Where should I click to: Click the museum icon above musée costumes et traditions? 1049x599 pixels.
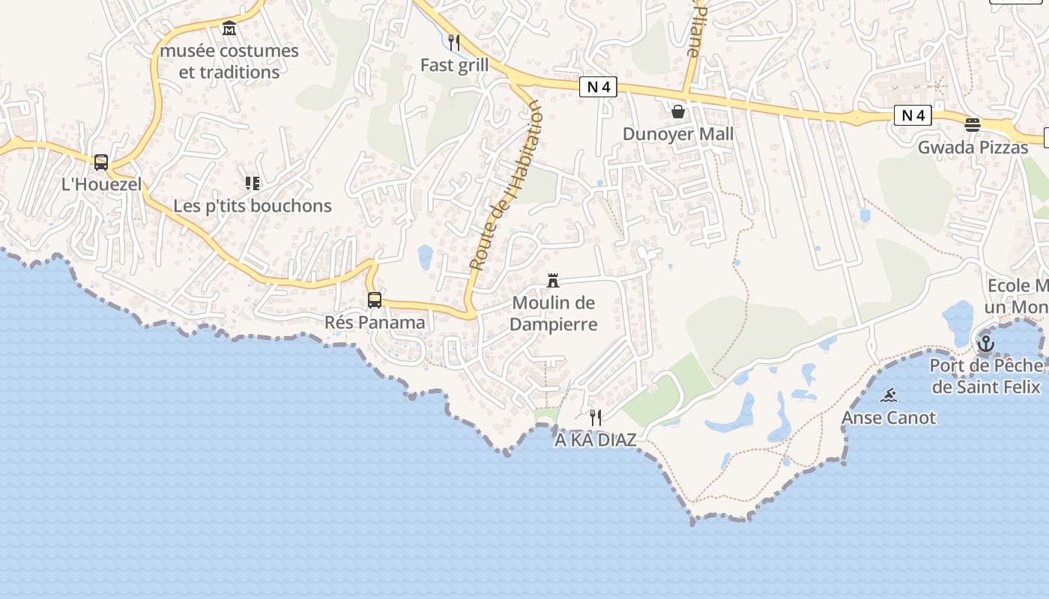coord(229,28)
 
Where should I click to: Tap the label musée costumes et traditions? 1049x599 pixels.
coord(229,61)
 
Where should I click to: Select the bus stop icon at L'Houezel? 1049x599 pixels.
coord(101,162)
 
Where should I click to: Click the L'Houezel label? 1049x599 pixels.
coord(101,184)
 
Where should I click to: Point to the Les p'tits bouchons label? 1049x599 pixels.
coord(253,206)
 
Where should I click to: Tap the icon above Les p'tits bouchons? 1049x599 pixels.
coord(253,183)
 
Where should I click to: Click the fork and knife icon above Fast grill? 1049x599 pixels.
coord(454,42)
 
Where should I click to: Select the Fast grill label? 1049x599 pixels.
coord(454,65)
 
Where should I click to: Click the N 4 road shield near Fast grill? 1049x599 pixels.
coord(598,87)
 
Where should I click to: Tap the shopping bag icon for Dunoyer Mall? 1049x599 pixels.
coord(678,112)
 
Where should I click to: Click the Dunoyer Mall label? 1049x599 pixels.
coord(678,134)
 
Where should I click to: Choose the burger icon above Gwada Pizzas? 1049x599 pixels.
coord(973,124)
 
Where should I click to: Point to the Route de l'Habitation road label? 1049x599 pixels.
coord(505,186)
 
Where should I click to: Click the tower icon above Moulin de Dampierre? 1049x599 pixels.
coord(553,281)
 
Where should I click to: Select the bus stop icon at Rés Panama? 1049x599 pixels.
coord(375,300)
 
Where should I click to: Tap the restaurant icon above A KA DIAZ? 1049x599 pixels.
coord(596,417)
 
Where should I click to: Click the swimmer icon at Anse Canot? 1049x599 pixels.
coord(889,395)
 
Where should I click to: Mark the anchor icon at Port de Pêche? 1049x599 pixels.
coord(986,344)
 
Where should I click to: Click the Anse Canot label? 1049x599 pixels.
coord(889,418)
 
